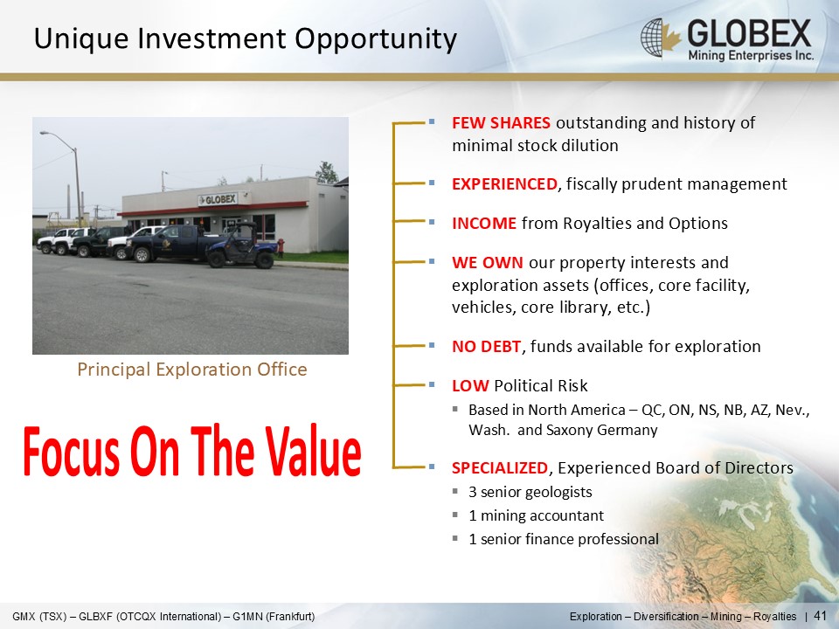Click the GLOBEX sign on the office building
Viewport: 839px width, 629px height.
218,199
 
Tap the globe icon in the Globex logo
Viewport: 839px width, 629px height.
652,38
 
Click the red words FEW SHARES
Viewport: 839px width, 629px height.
501,123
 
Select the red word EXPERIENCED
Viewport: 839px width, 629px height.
504,184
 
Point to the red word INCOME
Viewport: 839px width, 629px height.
484,223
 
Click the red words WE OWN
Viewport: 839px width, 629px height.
488,263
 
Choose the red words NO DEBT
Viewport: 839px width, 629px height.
487,347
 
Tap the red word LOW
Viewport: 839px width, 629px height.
470,385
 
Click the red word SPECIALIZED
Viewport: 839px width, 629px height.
500,468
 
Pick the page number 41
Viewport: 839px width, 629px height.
821,616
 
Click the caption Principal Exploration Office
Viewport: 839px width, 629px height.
192,370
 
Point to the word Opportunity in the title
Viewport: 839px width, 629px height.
376,39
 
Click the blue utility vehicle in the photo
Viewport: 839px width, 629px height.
242,246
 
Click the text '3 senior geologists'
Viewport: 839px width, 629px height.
530,492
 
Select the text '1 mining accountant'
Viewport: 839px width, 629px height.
536,515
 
